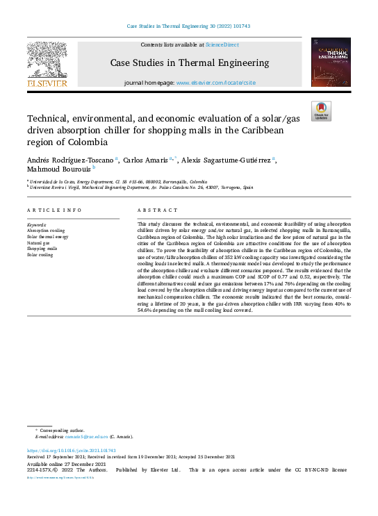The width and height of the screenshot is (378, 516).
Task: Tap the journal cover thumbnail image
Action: click(331, 62)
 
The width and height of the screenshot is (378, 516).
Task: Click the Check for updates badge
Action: click(321, 111)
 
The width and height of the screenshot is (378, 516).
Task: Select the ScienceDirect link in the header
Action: click(221, 44)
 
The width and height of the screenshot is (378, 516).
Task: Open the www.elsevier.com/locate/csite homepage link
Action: click(215, 83)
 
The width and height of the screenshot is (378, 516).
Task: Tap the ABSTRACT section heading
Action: click(153, 210)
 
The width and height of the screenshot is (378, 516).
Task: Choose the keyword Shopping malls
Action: click(42, 249)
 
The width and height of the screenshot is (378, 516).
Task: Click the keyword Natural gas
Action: click(39, 243)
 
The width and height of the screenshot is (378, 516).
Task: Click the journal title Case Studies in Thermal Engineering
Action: click(189, 63)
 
